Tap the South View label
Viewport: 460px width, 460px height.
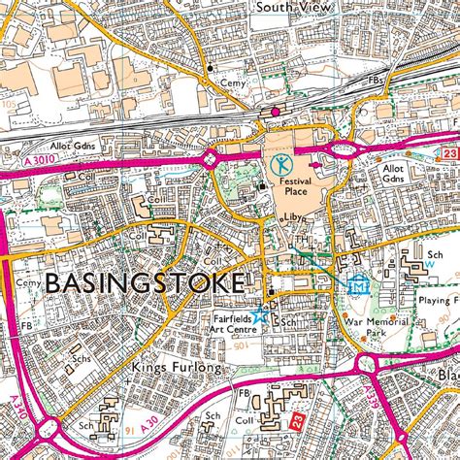(289, 7)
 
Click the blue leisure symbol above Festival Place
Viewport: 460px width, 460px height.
(280, 162)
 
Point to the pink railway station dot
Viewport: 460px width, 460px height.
(276, 113)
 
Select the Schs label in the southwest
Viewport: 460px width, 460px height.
(82, 357)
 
